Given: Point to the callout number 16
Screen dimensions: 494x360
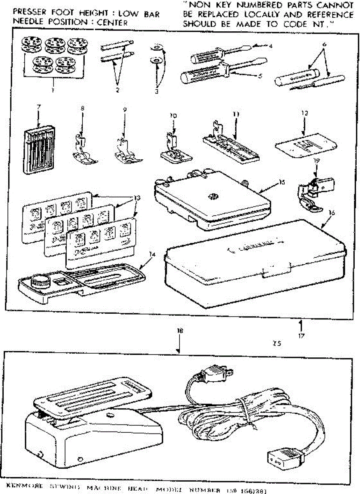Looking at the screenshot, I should click(x=332, y=213).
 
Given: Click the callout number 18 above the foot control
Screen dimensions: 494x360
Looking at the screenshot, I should click(x=179, y=331).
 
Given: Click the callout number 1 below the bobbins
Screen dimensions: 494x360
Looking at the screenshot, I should click(x=53, y=90).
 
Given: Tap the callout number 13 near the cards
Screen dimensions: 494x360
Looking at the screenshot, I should click(x=137, y=198).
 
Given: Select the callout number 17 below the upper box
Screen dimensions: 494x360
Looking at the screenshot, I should click(x=301, y=336).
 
